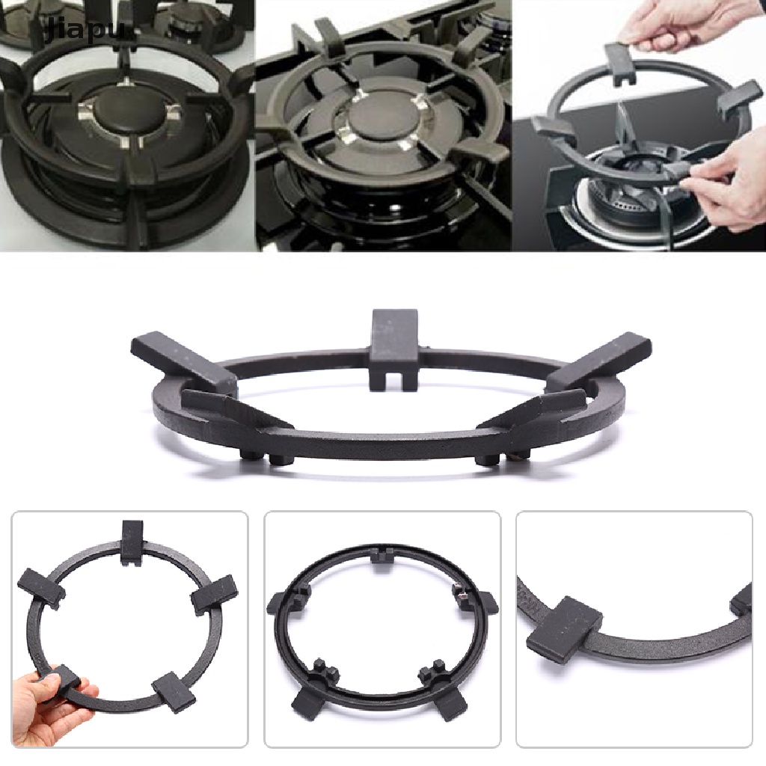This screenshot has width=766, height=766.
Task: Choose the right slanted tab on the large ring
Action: coord(598,362)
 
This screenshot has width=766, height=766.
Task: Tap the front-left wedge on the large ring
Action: coord(230,411)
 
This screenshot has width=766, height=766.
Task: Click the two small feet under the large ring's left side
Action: coord(267,459)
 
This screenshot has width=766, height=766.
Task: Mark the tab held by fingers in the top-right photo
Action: coord(621,61)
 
